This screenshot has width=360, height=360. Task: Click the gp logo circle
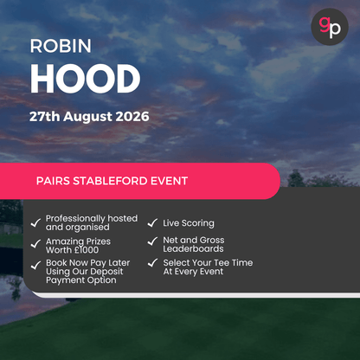click(329, 27)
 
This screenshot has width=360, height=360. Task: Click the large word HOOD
click(85, 79)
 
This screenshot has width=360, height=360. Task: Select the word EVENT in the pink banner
click(169, 182)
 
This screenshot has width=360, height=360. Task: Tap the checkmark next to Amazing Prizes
click(35, 245)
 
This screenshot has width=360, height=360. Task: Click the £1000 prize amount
click(92, 250)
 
